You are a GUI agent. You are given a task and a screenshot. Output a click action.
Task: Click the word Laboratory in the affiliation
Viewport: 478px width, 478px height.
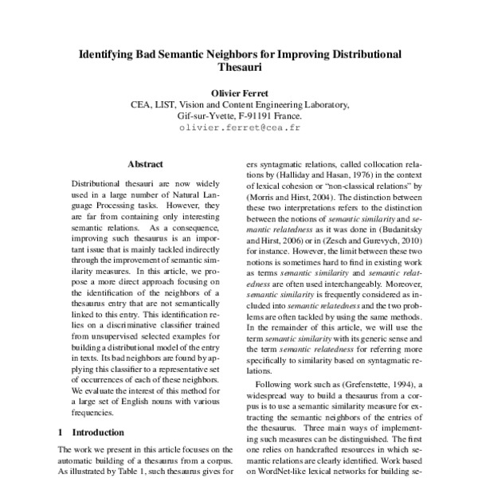point(322,104)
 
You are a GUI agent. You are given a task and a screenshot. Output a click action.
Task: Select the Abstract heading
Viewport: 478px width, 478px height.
point(145,164)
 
